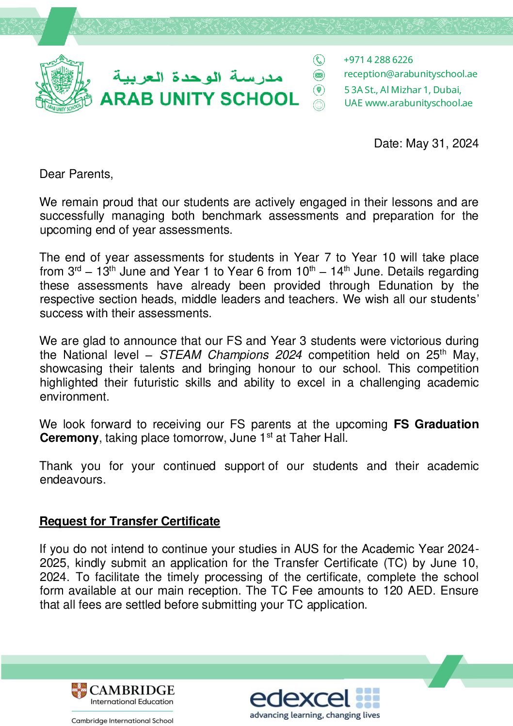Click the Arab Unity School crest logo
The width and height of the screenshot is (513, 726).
(x=62, y=83)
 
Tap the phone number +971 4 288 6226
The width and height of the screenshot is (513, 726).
(x=378, y=60)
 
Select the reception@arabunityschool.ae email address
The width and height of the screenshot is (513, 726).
(x=410, y=74)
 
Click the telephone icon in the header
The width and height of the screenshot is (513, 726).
(x=319, y=60)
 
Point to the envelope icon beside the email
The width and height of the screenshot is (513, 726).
(x=319, y=75)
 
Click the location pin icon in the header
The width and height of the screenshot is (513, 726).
(x=319, y=90)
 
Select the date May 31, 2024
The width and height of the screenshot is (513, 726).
(x=442, y=144)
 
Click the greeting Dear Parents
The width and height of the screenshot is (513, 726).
(x=76, y=175)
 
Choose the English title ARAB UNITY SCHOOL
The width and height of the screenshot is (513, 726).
(x=199, y=99)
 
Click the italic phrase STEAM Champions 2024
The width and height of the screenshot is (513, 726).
(x=230, y=355)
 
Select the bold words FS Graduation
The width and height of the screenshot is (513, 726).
(x=436, y=424)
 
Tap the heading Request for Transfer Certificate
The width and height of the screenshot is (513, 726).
(x=129, y=521)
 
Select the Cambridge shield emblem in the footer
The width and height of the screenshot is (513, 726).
(x=79, y=691)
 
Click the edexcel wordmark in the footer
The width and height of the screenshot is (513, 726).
(x=300, y=698)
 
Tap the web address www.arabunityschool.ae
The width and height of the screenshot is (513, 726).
(x=418, y=103)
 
